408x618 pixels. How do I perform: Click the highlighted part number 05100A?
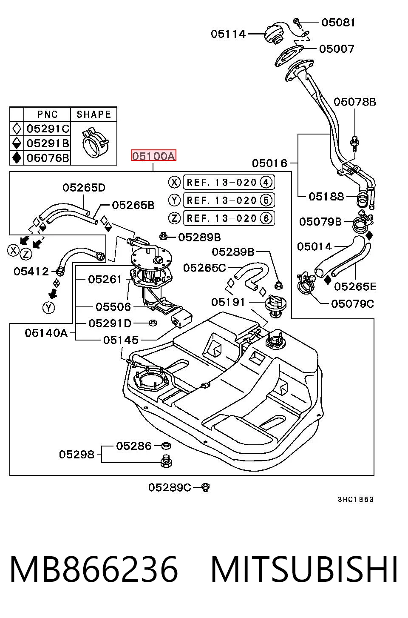coord(153,156)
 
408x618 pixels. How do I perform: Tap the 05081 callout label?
coord(338,23)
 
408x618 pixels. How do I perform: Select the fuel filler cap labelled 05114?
coord(273,34)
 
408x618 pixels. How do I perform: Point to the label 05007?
coord(336,49)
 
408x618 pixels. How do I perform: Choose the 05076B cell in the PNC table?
coord(47,158)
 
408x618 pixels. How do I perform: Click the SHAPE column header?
coord(93,114)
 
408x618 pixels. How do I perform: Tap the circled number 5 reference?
coord(266,200)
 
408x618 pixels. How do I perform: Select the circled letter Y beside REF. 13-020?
coord(174,200)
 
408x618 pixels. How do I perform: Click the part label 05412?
coord(31,272)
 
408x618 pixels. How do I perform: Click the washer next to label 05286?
coord(166,445)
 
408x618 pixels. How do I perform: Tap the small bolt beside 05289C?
coord(206,487)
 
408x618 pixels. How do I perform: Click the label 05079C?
coord(352,304)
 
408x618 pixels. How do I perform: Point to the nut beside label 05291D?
coord(152,323)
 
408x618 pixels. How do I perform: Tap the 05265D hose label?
coord(84,188)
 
